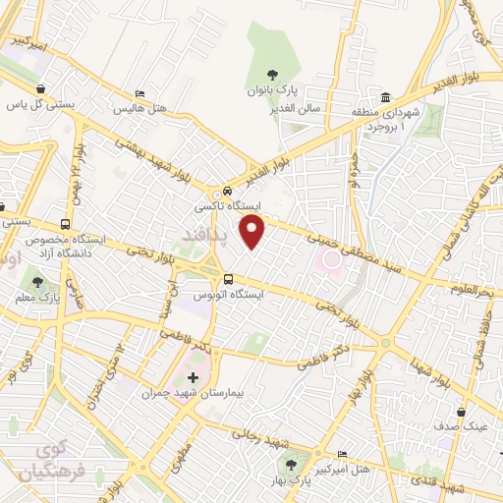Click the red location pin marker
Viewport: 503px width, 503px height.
[x=253, y=232]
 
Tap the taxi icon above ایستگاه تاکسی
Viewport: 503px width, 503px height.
[x=228, y=192]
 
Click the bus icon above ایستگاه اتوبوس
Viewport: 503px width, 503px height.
[x=228, y=278]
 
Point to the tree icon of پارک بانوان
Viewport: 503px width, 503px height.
[x=273, y=75]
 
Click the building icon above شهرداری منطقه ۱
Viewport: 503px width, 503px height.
[x=385, y=99]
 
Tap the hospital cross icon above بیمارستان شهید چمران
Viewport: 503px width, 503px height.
[x=193, y=377]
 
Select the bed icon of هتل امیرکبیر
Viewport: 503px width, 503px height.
[x=342, y=455]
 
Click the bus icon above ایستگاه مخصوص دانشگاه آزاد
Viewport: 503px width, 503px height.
[x=65, y=224]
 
